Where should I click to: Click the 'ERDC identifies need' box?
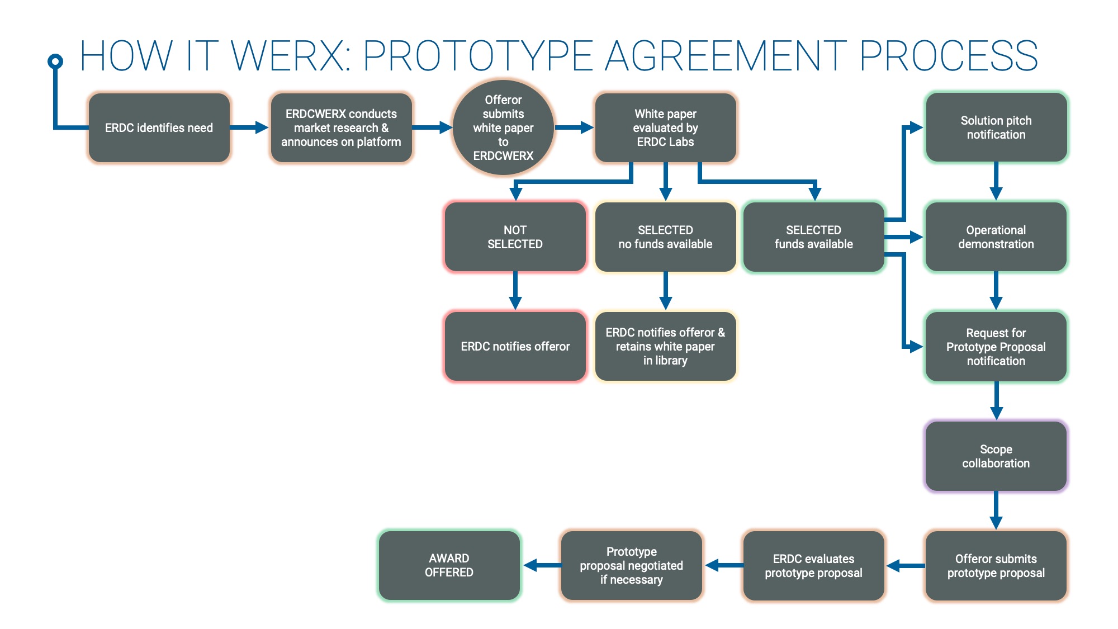click(159, 128)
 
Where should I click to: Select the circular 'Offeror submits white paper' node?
click(503, 128)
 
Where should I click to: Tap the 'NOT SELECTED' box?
click(515, 237)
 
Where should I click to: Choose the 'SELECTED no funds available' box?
click(665, 237)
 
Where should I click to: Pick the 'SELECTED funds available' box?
click(813, 237)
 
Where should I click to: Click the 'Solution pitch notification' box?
click(996, 128)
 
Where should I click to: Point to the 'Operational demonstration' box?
click(996, 237)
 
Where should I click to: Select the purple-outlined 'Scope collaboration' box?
click(996, 456)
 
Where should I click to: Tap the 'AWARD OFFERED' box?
click(449, 565)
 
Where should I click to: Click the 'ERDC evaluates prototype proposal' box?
click(813, 565)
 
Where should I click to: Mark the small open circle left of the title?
click(55, 61)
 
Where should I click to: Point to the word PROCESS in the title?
click(948, 56)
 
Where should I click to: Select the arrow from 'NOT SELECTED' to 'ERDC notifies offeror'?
click(515, 291)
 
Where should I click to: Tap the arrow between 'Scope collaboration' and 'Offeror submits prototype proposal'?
click(996, 510)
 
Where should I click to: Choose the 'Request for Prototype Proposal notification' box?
click(996, 347)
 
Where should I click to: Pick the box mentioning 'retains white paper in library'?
click(665, 347)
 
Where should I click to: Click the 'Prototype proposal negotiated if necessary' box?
click(631, 565)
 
